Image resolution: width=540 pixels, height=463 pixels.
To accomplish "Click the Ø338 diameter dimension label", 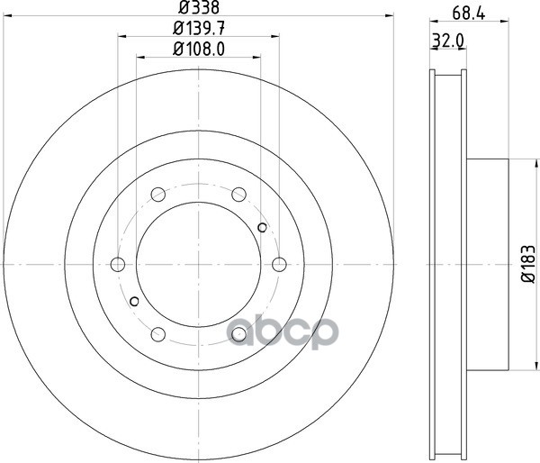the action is [x=199, y=7].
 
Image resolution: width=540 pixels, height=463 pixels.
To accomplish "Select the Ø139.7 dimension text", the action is [x=199, y=28].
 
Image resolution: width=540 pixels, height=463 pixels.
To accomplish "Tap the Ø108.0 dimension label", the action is [x=199, y=50].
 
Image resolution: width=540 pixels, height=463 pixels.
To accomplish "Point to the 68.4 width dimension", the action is [x=469, y=14].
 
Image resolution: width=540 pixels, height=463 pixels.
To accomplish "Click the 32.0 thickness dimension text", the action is [x=448, y=41].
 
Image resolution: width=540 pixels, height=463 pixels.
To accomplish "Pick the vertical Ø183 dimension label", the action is [x=528, y=265].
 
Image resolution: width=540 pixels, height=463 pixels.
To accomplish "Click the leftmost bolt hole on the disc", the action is [x=118, y=265].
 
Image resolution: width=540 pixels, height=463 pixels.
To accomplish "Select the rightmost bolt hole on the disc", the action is [x=279, y=265].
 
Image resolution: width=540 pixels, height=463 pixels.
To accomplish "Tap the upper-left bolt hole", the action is [x=158, y=195].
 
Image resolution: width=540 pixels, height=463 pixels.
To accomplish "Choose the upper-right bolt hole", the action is [x=238, y=195].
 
